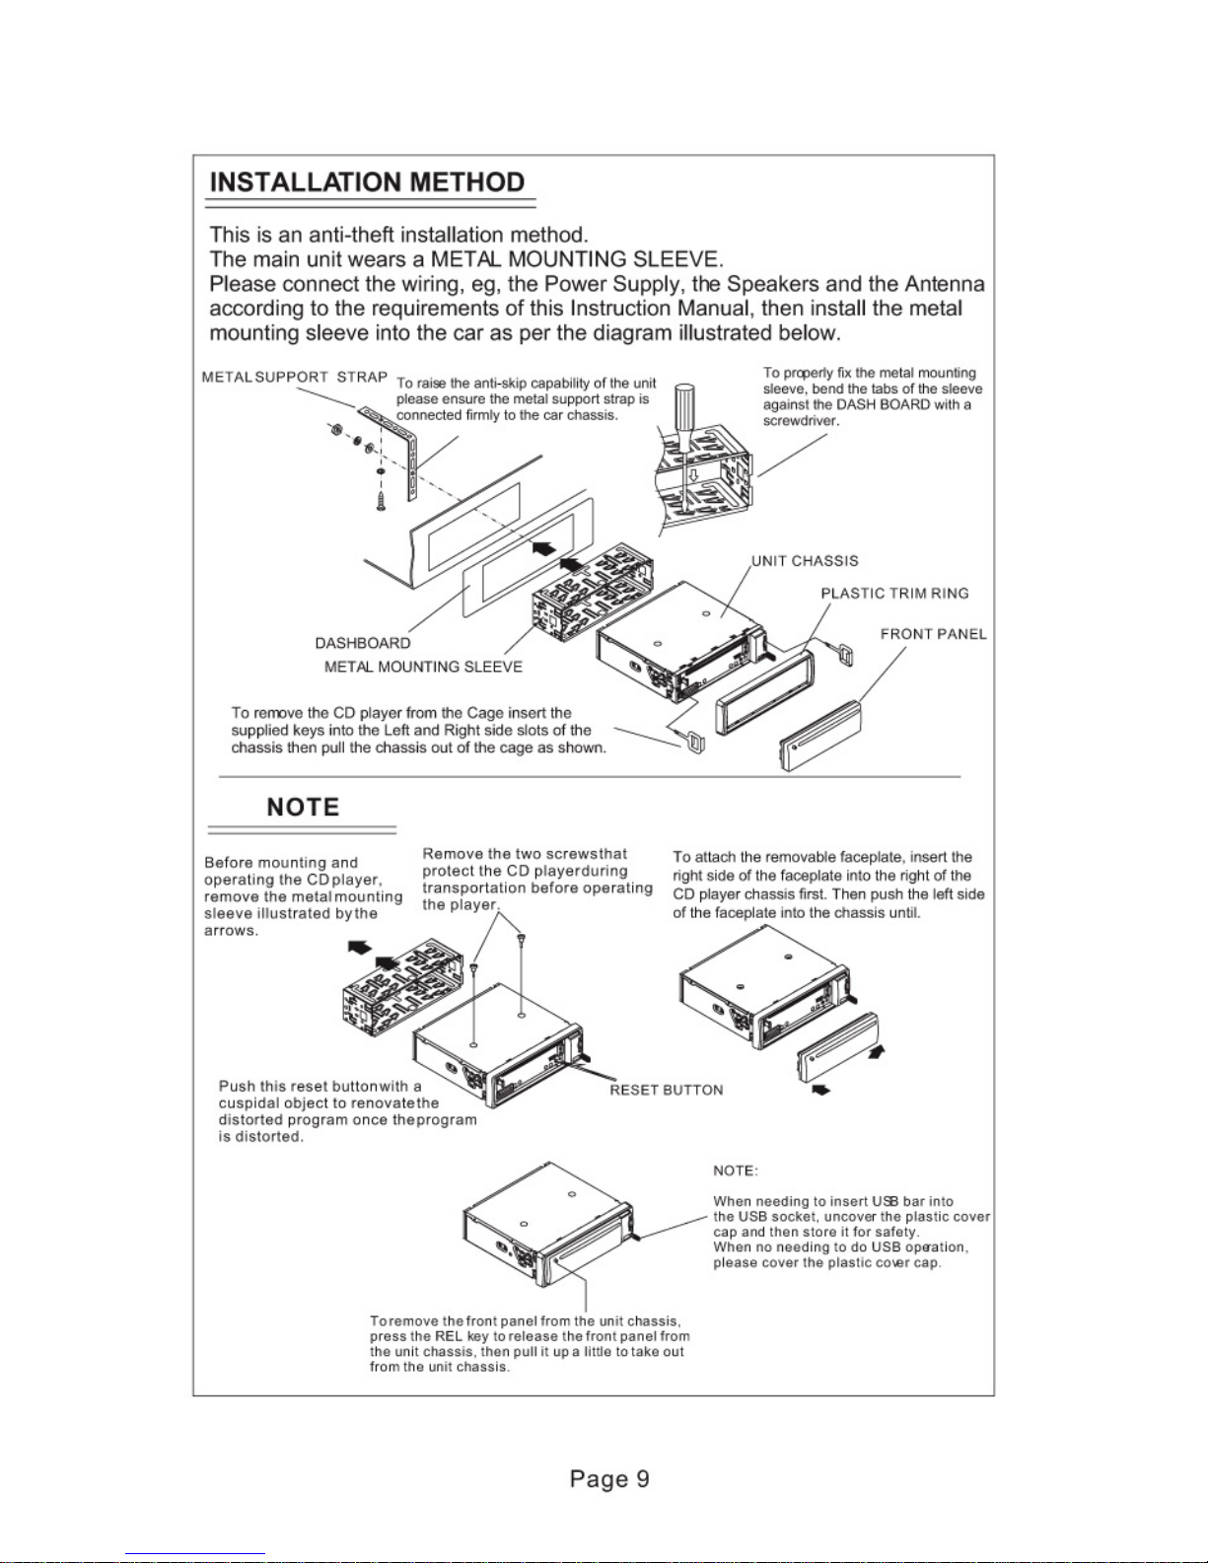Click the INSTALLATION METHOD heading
(x=367, y=182)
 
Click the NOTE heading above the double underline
(x=303, y=808)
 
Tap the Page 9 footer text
(x=609, y=1479)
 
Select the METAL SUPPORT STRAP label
(x=294, y=377)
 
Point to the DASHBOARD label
(x=363, y=643)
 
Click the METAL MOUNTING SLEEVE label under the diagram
(x=423, y=667)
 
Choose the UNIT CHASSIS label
(x=805, y=561)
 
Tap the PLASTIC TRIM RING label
(x=894, y=593)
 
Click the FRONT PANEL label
(x=933, y=634)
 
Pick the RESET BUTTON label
(x=666, y=1090)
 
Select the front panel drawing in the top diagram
(x=819, y=736)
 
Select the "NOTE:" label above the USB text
(x=736, y=1171)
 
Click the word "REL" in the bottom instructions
(x=449, y=1336)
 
